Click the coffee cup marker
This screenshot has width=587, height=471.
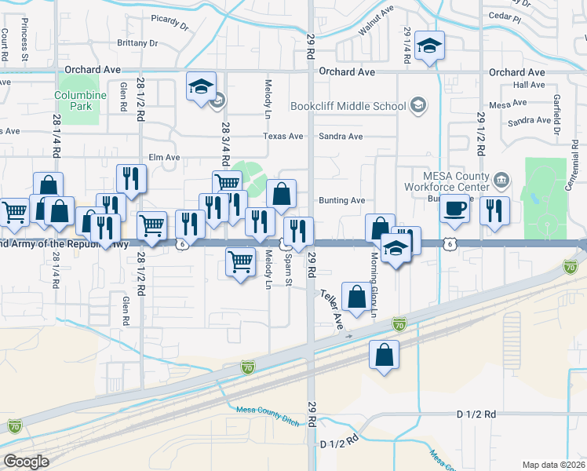454,207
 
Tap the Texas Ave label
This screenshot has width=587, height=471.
283,136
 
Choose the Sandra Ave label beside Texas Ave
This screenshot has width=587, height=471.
341,136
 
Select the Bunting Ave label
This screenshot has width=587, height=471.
341,200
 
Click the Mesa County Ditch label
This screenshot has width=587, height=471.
268,415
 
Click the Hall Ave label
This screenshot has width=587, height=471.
528,85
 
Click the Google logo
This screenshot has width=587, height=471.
26,462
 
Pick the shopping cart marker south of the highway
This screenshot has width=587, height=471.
240,261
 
